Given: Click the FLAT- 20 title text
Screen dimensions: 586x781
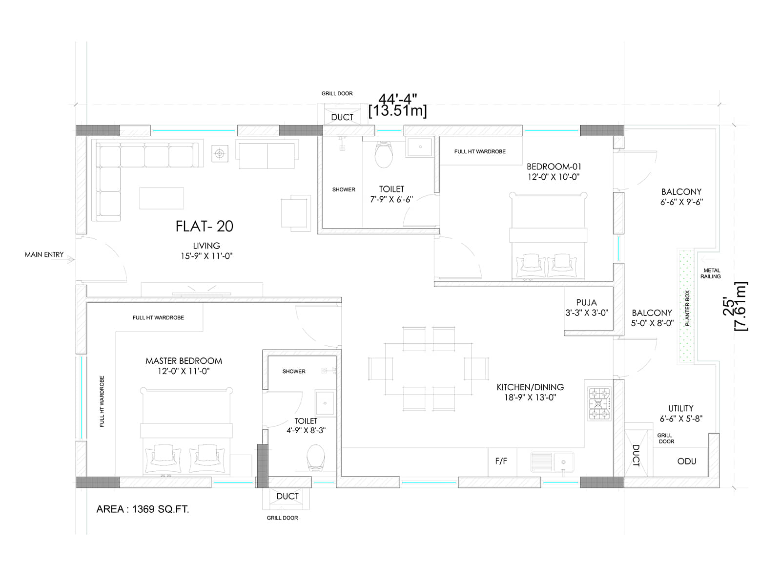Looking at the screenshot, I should point(205,226).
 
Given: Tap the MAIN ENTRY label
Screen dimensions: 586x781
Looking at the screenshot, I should point(44,254).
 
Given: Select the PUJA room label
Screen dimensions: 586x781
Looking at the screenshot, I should point(586,303).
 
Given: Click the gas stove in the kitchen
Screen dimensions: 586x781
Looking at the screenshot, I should point(599,404).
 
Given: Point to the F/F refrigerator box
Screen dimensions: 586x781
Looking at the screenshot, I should point(501,461).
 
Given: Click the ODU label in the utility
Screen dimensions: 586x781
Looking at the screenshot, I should point(686,461).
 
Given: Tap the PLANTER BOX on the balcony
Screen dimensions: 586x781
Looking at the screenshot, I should point(686,307).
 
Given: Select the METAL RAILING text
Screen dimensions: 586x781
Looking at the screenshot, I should point(711,273).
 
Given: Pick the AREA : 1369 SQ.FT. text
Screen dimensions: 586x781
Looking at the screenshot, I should point(143,509).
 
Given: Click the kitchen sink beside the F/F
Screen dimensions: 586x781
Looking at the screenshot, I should point(553,461).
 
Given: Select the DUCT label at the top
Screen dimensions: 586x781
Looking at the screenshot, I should point(342,117).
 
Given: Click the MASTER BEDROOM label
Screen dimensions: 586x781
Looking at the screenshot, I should point(184,361).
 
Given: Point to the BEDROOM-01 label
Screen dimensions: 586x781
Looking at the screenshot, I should point(554,167).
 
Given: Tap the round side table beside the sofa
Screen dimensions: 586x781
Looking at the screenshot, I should point(220,154).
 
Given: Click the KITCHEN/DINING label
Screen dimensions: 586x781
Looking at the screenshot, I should point(530,387).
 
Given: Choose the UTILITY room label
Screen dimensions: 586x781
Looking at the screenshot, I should point(680,408).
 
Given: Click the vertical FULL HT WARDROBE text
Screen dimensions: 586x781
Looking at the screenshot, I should point(102,401).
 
